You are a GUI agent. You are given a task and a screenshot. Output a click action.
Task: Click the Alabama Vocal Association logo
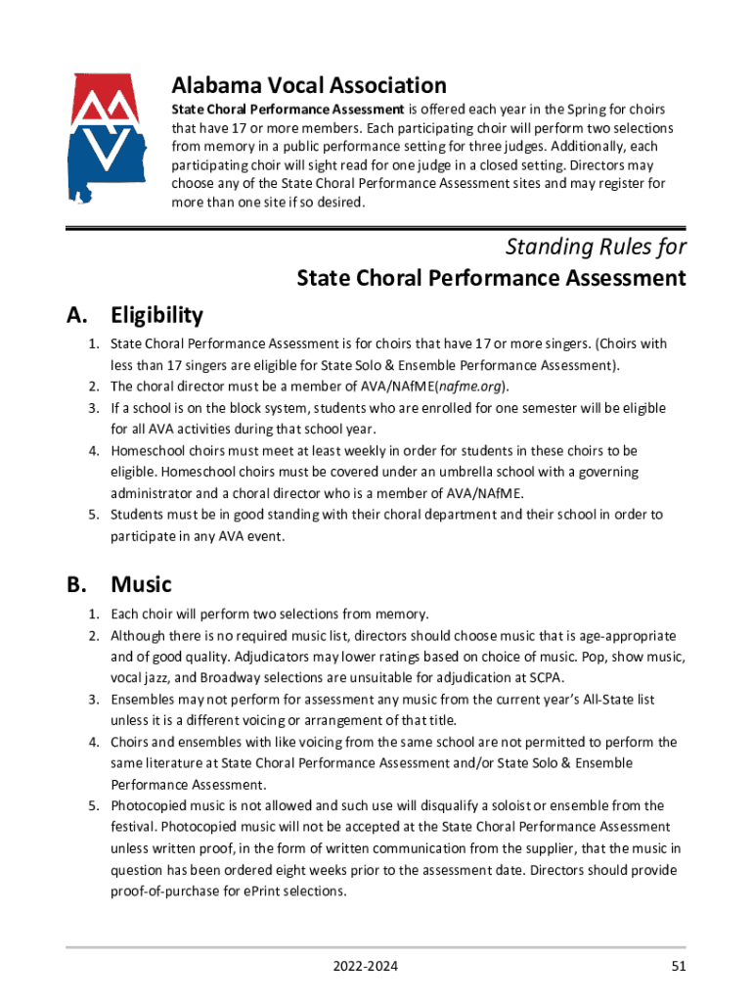(107, 138)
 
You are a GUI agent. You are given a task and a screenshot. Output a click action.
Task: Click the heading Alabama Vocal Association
(309, 85)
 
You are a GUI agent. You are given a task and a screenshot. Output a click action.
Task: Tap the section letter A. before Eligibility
(78, 315)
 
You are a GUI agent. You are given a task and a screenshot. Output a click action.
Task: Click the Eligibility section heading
(156, 315)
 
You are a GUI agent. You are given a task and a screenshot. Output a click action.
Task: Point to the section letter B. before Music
(78, 585)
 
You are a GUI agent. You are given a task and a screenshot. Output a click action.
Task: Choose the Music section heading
(141, 585)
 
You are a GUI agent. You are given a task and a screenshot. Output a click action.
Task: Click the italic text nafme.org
(470, 387)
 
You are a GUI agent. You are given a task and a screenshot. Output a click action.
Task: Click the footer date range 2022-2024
(365, 968)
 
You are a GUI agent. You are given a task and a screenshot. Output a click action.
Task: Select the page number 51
(678, 968)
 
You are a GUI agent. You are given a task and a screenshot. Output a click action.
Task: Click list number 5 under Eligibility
(94, 515)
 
